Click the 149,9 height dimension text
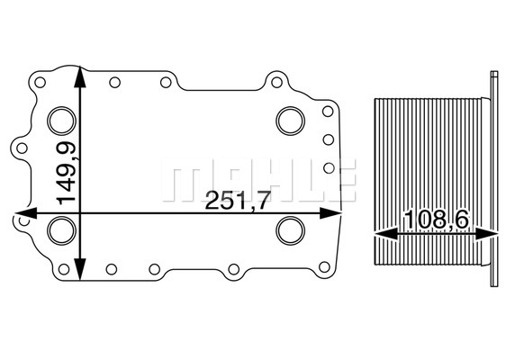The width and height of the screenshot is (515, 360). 67,173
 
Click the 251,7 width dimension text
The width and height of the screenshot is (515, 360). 238,200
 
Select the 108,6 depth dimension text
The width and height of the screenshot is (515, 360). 438,220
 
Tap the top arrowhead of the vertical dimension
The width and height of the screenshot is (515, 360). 80,76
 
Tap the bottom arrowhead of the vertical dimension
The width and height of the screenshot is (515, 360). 80,270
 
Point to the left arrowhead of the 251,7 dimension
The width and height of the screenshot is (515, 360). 25,213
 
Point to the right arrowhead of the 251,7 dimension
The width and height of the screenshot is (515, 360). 330,213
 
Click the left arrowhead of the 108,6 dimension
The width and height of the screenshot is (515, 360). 386,234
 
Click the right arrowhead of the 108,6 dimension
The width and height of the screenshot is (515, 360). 487,234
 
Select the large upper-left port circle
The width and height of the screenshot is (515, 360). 62,121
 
